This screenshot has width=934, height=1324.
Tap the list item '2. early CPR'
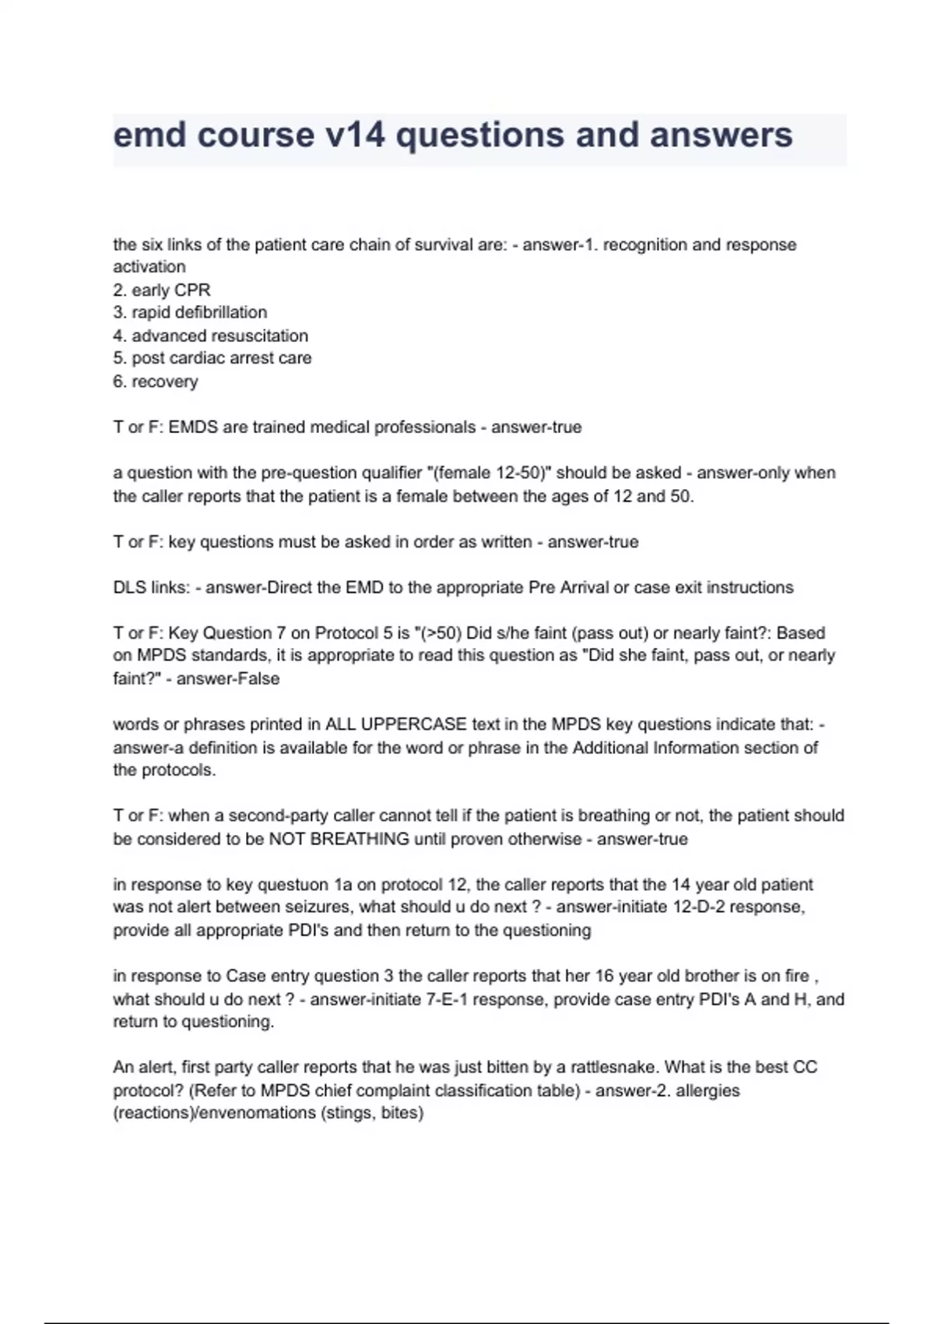coord(162,290)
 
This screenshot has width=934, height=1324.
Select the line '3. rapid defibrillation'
coord(190,312)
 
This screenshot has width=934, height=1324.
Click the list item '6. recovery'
coord(156,382)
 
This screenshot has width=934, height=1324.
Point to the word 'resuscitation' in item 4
coord(259,336)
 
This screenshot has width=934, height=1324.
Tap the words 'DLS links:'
coord(151,587)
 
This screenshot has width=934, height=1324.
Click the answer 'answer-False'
coord(228,678)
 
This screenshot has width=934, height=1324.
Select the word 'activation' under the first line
coord(149,266)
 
